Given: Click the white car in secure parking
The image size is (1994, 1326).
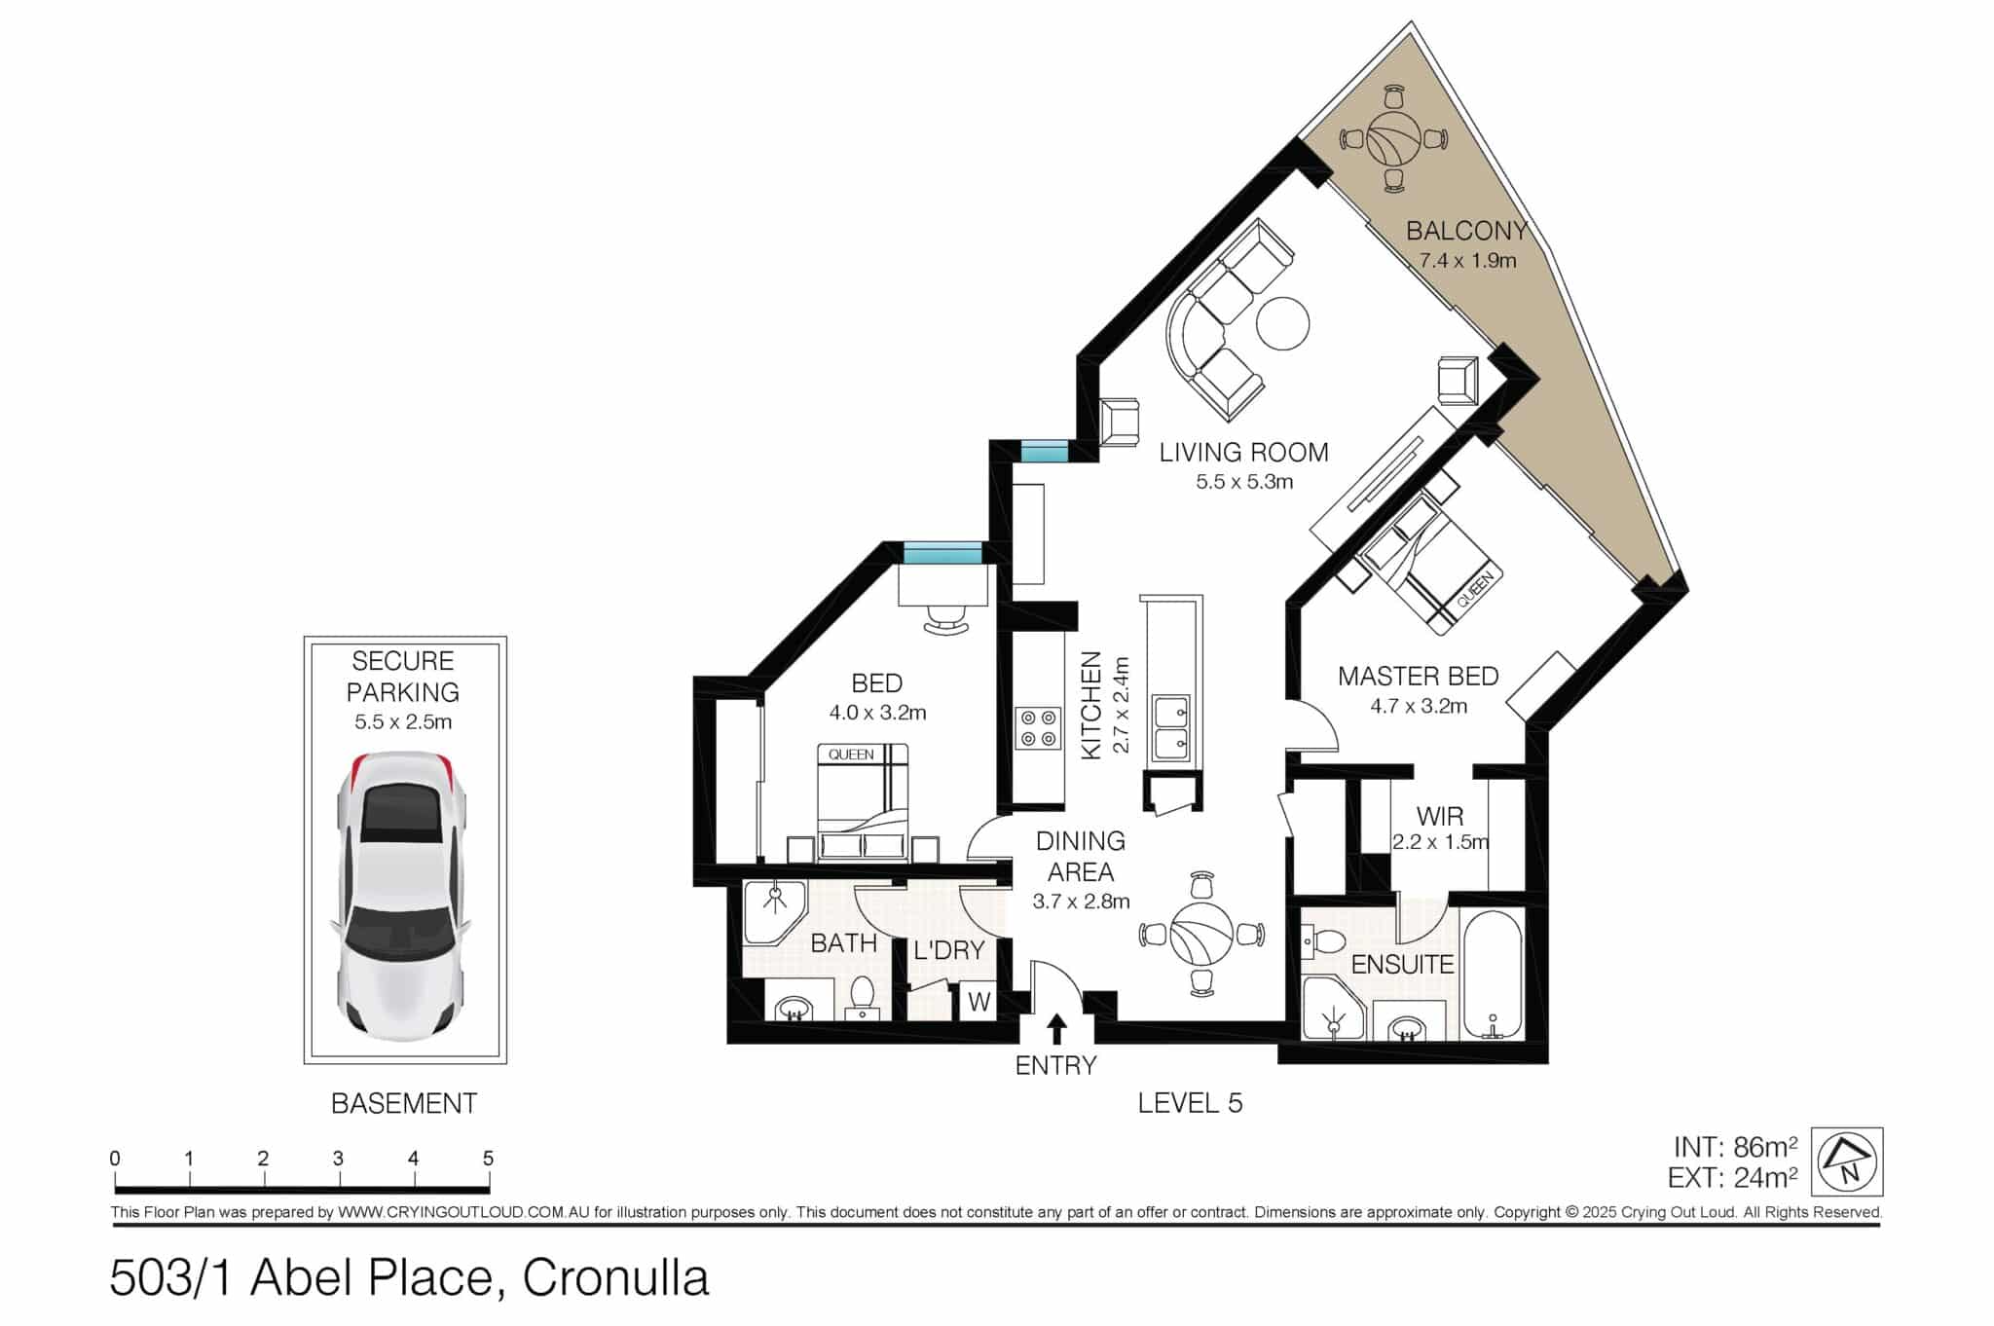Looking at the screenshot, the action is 401,894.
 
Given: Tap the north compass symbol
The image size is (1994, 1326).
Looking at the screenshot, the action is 1847,1162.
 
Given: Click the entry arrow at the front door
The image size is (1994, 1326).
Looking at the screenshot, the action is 1056,1030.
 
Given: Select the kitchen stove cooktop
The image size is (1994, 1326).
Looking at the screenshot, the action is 1037,728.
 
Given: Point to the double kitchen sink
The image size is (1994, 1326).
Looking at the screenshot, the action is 1170,728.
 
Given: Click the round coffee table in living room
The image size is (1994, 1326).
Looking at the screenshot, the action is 1282,322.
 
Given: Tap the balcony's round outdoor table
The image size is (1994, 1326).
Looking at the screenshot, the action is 1393,139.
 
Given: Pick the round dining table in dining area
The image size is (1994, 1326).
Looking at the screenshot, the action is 1202,933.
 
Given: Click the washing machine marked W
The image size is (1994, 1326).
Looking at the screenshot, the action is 978,1002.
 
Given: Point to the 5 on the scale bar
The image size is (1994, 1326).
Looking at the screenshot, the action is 488,1159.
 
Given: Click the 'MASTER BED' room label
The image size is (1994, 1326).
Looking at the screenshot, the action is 1418,676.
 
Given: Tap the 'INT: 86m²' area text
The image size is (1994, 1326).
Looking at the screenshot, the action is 1735,1147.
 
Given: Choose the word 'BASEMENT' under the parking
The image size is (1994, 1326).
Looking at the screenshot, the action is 404,1103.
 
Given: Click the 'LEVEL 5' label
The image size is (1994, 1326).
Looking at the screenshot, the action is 1190,1102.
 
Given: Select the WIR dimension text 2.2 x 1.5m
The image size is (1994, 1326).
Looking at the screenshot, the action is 1440,842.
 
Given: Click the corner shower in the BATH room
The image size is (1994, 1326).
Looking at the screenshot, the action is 774,912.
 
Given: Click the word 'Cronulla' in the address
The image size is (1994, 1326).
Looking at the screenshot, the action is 615,1278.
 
